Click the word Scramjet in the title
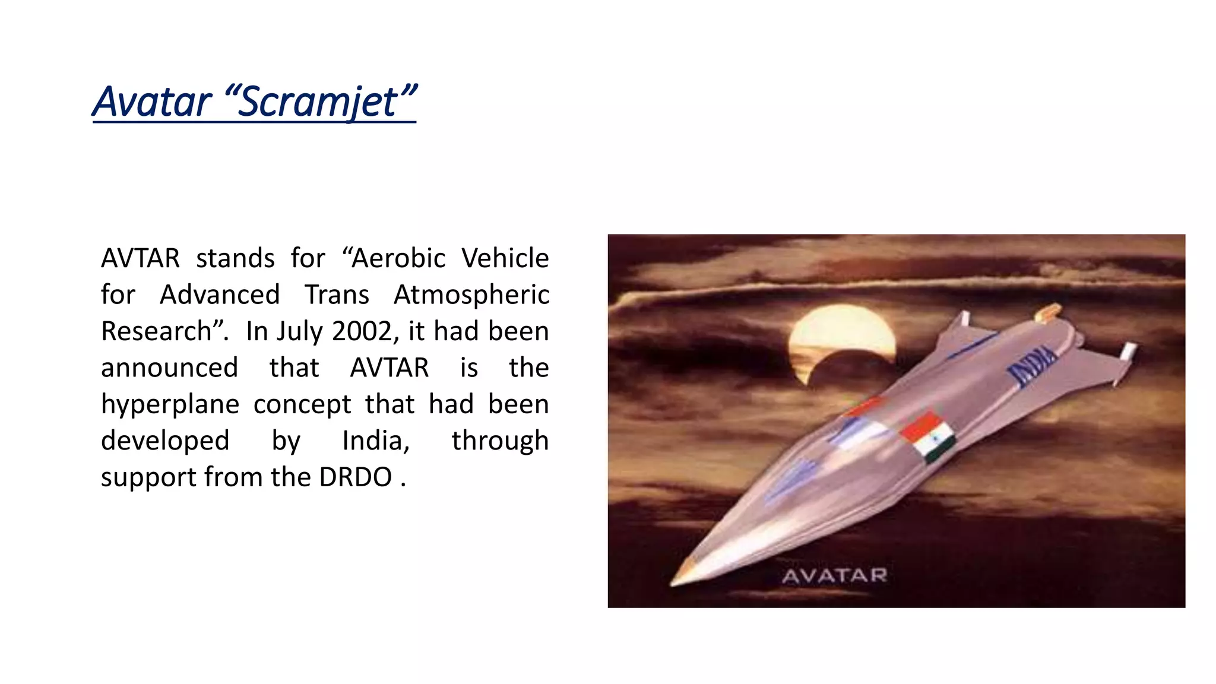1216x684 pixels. coord(321,102)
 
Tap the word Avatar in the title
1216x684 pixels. coord(153,102)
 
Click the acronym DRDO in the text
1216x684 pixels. coord(356,477)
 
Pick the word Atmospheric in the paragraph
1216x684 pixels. coord(471,295)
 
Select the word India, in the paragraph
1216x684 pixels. coord(376,441)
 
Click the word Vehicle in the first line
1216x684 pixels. coord(505,258)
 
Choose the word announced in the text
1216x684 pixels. coord(170,368)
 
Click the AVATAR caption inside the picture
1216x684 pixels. coord(834,575)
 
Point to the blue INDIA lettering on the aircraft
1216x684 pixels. coord(1033,365)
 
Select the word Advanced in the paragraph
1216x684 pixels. coord(220,295)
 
